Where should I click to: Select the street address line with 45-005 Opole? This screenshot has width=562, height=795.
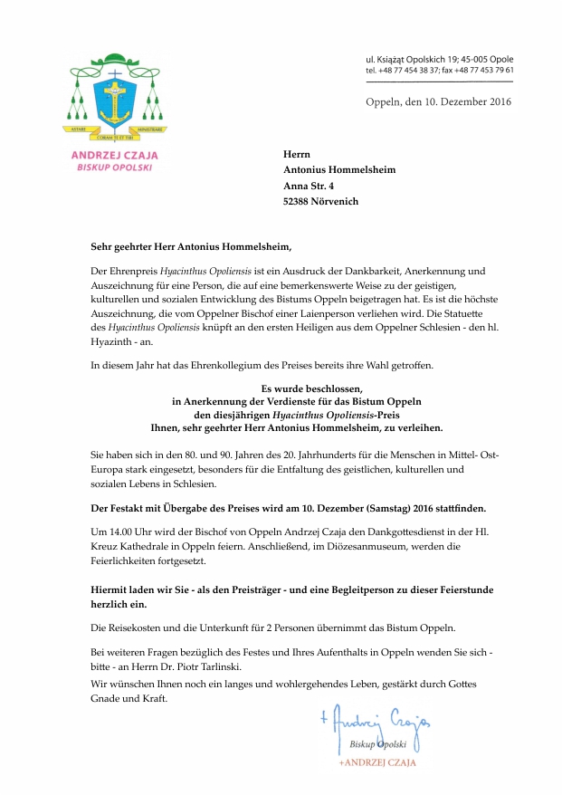(x=439, y=58)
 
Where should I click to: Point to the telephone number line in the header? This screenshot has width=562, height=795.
(x=439, y=70)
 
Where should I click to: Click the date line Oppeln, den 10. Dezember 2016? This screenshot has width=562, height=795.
(x=438, y=101)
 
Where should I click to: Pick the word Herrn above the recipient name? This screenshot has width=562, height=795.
(x=298, y=153)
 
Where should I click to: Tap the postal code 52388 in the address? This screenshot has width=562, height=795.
(x=300, y=201)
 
